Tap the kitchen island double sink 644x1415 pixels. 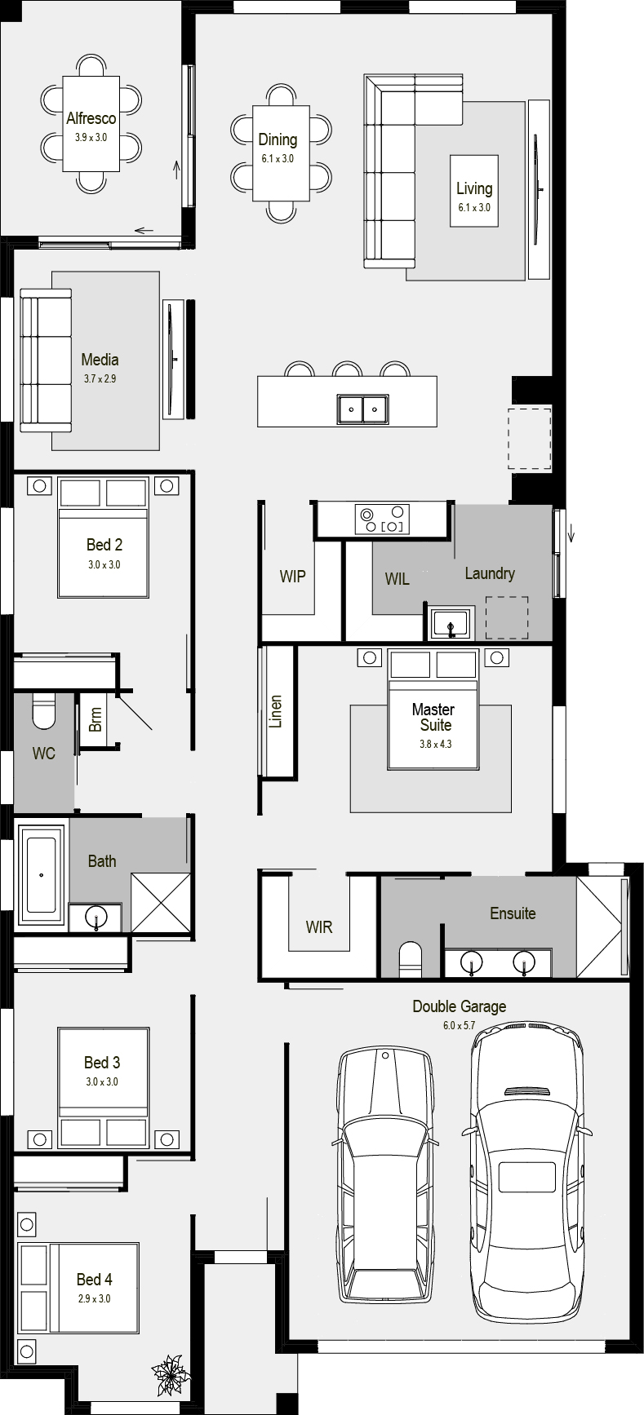(363, 409)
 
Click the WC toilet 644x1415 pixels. (42, 711)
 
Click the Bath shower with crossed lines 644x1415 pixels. (161, 902)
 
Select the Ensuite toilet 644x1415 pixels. (411, 959)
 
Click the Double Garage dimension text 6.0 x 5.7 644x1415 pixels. (459, 1025)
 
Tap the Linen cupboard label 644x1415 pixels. (275, 712)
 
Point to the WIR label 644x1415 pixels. (318, 927)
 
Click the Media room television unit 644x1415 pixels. (172, 359)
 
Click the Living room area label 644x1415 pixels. (474, 188)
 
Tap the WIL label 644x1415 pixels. (398, 579)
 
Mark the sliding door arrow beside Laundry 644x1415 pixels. (571, 535)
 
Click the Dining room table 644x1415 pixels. (281, 153)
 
